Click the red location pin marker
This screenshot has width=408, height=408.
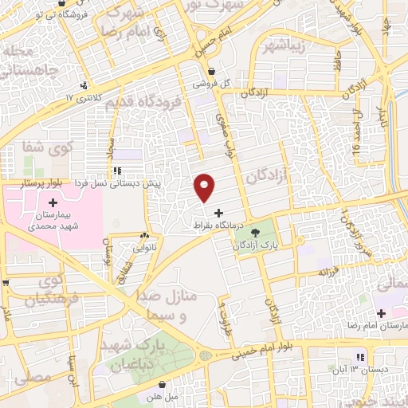pyautogui.click(x=204, y=188)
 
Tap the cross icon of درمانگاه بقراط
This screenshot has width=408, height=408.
pyautogui.click(x=218, y=212)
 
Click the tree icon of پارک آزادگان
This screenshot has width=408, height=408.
pyautogui.click(x=256, y=233)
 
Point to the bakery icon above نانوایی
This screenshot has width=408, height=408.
pyautogui.click(x=144, y=236)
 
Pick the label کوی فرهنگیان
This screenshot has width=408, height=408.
pyautogui.click(x=43, y=291)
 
